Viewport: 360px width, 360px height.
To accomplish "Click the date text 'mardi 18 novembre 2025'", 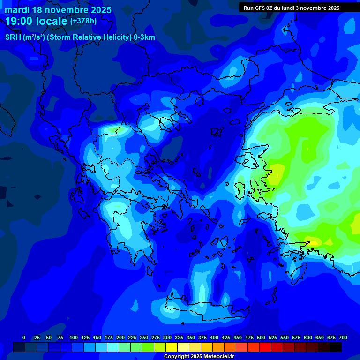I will click(x=58, y=10).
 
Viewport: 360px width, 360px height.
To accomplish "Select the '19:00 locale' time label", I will click(x=36, y=21).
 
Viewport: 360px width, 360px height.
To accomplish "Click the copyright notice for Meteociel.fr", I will click(x=199, y=356).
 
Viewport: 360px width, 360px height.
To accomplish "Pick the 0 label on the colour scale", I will click(x=24, y=337).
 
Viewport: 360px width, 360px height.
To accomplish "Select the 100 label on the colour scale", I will click(x=74, y=337).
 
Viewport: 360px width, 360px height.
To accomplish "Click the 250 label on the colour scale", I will click(x=144, y=337).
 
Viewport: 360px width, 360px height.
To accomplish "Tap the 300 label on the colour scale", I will click(x=167, y=337).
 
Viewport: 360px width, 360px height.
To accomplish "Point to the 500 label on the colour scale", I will click(x=261, y=337).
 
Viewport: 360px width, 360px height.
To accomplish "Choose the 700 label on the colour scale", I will click(x=343, y=337).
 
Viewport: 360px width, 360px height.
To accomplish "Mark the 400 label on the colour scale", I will click(x=214, y=337).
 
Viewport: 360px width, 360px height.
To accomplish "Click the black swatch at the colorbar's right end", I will click(x=336, y=347).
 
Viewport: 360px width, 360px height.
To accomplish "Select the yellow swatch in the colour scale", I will click(x=172, y=347).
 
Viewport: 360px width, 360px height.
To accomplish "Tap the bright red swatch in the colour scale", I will click(x=265, y=347).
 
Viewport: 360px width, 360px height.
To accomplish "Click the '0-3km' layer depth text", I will click(x=144, y=37).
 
